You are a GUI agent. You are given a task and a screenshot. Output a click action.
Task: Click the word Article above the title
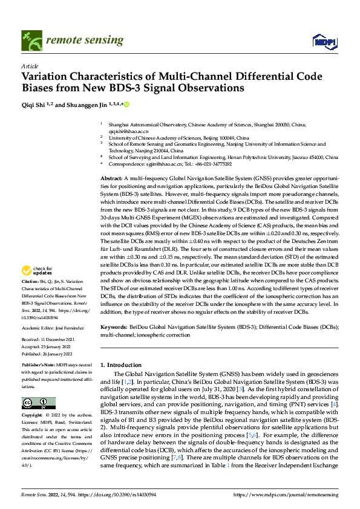click(30, 66)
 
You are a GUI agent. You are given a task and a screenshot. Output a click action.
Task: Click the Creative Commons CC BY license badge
click(38, 403)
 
